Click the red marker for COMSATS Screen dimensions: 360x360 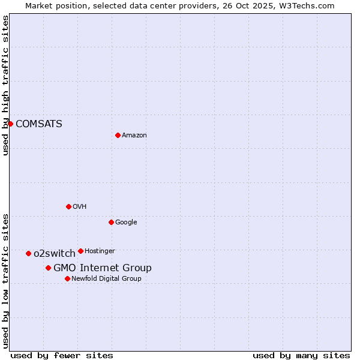coord(10,124)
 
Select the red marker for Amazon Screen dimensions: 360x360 coord(118,135)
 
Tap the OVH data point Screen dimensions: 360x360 coord(68,206)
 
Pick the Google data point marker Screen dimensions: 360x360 coord(111,222)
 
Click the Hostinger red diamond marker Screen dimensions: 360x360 coord(80,251)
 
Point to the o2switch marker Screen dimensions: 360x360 coord(28,253)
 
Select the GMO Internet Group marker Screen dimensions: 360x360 coord(48,268)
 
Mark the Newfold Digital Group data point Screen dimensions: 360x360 coord(67,278)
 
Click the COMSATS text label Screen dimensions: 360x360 coord(39,124)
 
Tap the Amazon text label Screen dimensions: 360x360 coord(134,136)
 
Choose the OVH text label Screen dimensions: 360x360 coord(80,207)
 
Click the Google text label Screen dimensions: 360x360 coord(126,223)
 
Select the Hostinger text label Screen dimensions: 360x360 coord(100,251)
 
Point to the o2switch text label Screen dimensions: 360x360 coord(55,254)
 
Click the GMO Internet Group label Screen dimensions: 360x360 coord(103,268)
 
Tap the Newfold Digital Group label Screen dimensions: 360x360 coord(106,279)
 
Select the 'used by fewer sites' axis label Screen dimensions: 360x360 coord(62,355)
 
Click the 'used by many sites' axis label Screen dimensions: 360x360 coord(301,355)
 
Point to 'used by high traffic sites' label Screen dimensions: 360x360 coord(5,85)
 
